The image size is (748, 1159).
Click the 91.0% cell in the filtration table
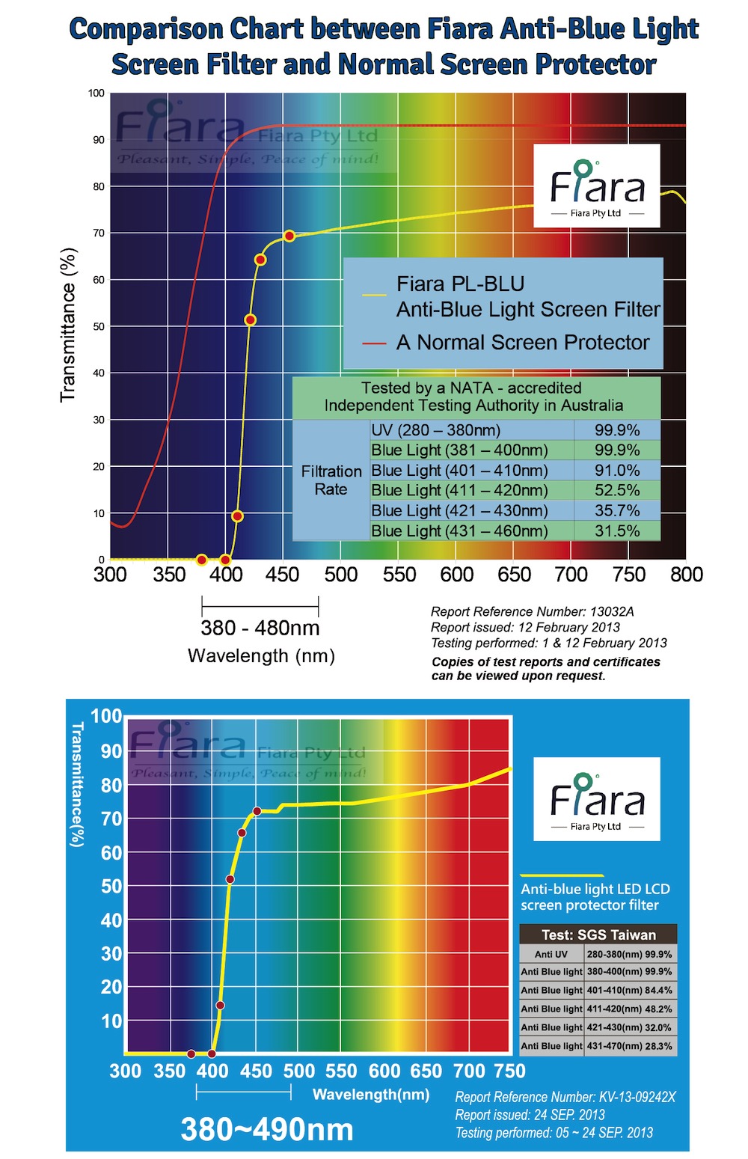click(616, 471)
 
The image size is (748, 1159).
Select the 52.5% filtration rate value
click(616, 491)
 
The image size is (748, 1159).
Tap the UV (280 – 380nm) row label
click(435, 430)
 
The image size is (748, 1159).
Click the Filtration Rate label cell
click(331, 480)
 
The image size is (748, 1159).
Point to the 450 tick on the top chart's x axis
click(283, 575)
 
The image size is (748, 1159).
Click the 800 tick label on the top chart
click(686, 575)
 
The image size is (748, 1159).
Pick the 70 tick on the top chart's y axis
click(98, 233)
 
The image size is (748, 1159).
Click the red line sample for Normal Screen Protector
click(373, 343)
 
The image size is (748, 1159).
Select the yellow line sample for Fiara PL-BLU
click(373, 296)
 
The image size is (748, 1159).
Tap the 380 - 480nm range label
click(260, 628)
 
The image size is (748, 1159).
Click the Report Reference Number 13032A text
click(532, 612)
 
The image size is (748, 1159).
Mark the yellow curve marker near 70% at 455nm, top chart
click(289, 236)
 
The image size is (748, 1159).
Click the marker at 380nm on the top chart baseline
click(201, 560)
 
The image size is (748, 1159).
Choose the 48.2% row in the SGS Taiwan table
click(598, 1009)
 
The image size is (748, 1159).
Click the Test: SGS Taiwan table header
click(598, 935)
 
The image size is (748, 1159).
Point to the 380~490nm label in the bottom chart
click(267, 1129)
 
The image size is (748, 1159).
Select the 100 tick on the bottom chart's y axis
click(106, 716)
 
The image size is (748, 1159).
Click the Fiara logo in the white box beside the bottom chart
click(596, 799)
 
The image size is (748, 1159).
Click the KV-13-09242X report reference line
click(565, 1098)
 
